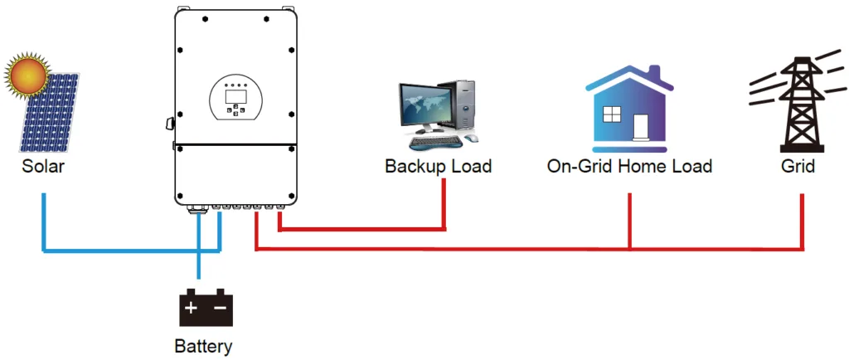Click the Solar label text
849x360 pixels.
tap(44, 166)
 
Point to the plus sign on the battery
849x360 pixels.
tap(192, 309)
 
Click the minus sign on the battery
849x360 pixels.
tap(220, 309)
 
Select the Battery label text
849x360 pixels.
tap(204, 346)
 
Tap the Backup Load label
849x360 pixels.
tap(438, 166)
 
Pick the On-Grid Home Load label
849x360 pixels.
tap(629, 166)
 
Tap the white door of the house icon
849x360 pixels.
tap(641, 127)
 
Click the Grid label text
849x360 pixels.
tap(798, 166)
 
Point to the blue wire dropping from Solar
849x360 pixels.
tap(44, 220)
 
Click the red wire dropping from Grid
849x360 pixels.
tap(803, 220)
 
